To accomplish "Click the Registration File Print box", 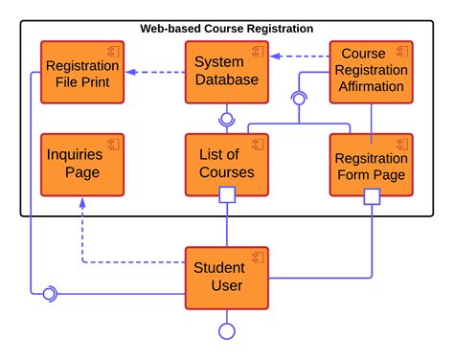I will pyautogui.click(x=81, y=73).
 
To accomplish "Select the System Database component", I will pyautogui.click(x=226, y=73).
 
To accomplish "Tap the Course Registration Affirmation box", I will pyautogui.click(x=371, y=73).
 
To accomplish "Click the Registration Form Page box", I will pyautogui.click(x=371, y=165).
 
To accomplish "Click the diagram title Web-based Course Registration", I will pyautogui.click(x=226, y=30).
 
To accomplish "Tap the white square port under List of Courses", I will pyautogui.click(x=227, y=196).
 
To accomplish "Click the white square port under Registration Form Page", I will pyautogui.click(x=372, y=196).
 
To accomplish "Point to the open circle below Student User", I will pyautogui.click(x=227, y=331).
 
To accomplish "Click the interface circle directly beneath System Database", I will pyautogui.click(x=227, y=119).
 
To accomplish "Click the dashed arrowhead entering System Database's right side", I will pyautogui.click(x=274, y=56).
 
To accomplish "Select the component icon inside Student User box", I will pyautogui.click(x=258, y=257).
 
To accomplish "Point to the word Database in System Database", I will pyautogui.click(x=226, y=80).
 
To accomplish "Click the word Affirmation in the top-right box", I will pyautogui.click(x=371, y=88).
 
